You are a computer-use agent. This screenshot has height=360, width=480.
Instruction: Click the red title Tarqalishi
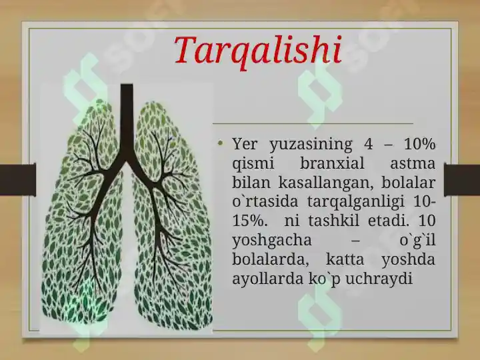258,51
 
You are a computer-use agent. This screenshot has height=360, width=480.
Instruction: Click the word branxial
332,163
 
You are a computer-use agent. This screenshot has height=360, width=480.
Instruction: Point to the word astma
413,164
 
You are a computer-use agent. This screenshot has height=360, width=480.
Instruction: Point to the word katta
345,260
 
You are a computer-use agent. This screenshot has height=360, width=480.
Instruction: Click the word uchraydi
379,279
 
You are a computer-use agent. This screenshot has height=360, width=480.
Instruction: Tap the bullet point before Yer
220,143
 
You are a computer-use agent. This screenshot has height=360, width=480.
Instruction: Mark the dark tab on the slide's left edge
18,179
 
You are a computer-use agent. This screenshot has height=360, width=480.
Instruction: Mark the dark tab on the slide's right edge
462,180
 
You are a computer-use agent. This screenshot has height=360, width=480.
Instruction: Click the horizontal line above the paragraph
313,124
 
